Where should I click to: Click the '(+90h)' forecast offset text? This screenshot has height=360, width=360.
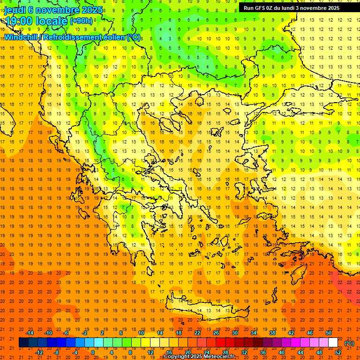[x=81, y=21]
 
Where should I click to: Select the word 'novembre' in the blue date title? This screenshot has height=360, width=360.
[x=59, y=10]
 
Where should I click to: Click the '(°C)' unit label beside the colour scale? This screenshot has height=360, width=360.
[x=349, y=343]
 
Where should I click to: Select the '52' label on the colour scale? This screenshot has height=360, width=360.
[x=338, y=352]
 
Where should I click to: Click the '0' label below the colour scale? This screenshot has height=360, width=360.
[x=92, y=352]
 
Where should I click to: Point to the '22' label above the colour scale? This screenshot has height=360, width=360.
[x=197, y=333]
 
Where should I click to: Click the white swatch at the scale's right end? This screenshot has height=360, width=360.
[x=333, y=343]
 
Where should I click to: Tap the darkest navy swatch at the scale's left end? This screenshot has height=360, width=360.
[x=23, y=343]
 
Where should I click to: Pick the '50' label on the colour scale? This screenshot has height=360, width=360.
[x=329, y=333]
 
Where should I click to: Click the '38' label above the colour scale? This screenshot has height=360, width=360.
[x=272, y=333]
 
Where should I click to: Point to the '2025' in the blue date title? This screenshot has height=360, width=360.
[x=93, y=10]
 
